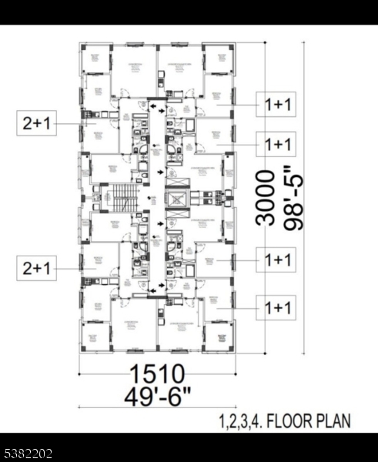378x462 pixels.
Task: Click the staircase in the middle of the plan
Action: coord(123,198)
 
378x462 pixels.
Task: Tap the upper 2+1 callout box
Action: coord(38,123)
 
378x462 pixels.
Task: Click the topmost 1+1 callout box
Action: coord(277,103)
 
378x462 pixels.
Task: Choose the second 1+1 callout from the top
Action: coord(277,144)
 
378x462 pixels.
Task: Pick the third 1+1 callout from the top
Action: coord(277,260)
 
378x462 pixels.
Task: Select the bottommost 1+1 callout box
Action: coord(277,308)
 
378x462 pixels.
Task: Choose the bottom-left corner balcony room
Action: coord(96,336)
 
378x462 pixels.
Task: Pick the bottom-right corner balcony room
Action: coord(219,336)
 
